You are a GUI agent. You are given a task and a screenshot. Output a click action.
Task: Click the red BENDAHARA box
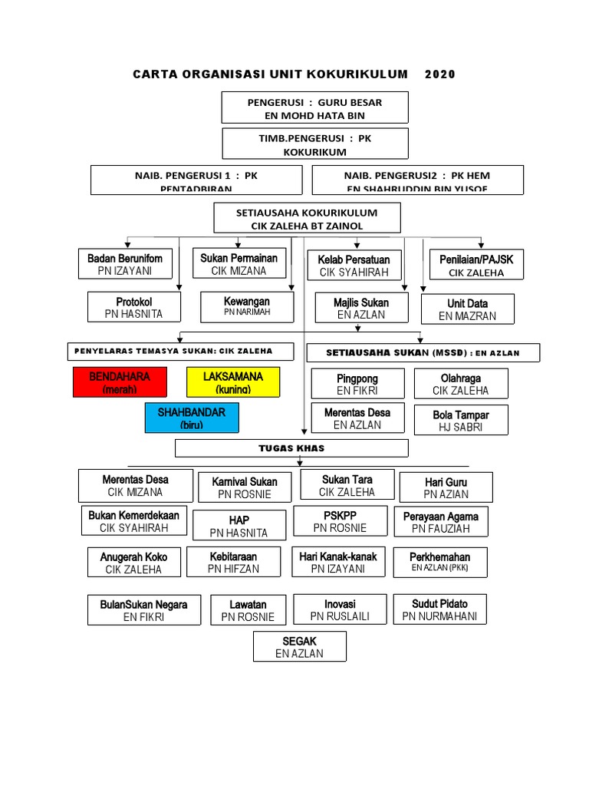[119, 382]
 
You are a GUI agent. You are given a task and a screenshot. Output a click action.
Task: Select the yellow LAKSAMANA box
[233, 382]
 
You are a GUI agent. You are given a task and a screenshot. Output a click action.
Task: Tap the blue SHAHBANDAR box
[191, 418]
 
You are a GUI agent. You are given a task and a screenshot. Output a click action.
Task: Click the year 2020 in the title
[439, 74]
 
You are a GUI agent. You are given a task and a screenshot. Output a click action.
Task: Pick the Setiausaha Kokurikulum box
[307, 218]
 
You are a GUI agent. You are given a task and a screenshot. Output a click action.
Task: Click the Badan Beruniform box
[125, 264]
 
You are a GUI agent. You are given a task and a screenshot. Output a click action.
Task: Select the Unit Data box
[467, 309]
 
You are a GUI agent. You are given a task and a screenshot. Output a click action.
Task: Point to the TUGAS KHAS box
[291, 447]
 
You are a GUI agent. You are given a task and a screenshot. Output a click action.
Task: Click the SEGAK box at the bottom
[299, 646]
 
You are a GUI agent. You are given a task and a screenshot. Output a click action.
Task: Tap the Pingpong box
[357, 384]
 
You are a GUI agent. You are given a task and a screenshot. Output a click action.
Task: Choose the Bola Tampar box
[460, 420]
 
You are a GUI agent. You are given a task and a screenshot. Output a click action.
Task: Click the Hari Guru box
[446, 487]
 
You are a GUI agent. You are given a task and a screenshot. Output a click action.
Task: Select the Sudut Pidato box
[439, 609]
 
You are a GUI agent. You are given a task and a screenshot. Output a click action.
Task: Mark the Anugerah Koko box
[133, 563]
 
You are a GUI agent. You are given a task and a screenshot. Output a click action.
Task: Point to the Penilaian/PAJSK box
[476, 265]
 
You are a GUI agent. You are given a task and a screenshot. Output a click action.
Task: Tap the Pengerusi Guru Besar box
[314, 107]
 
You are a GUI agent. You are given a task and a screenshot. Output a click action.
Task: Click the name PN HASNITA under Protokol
[134, 315]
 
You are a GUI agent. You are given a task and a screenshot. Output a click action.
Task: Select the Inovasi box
[338, 609]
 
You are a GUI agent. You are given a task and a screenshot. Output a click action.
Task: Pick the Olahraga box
[460, 384]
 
